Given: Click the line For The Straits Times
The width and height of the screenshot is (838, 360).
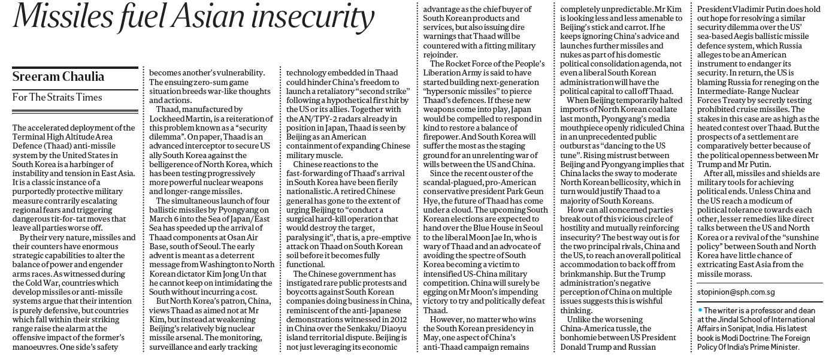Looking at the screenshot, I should pos(58,97).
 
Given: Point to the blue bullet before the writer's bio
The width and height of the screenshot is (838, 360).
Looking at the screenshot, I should pos(700,309).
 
